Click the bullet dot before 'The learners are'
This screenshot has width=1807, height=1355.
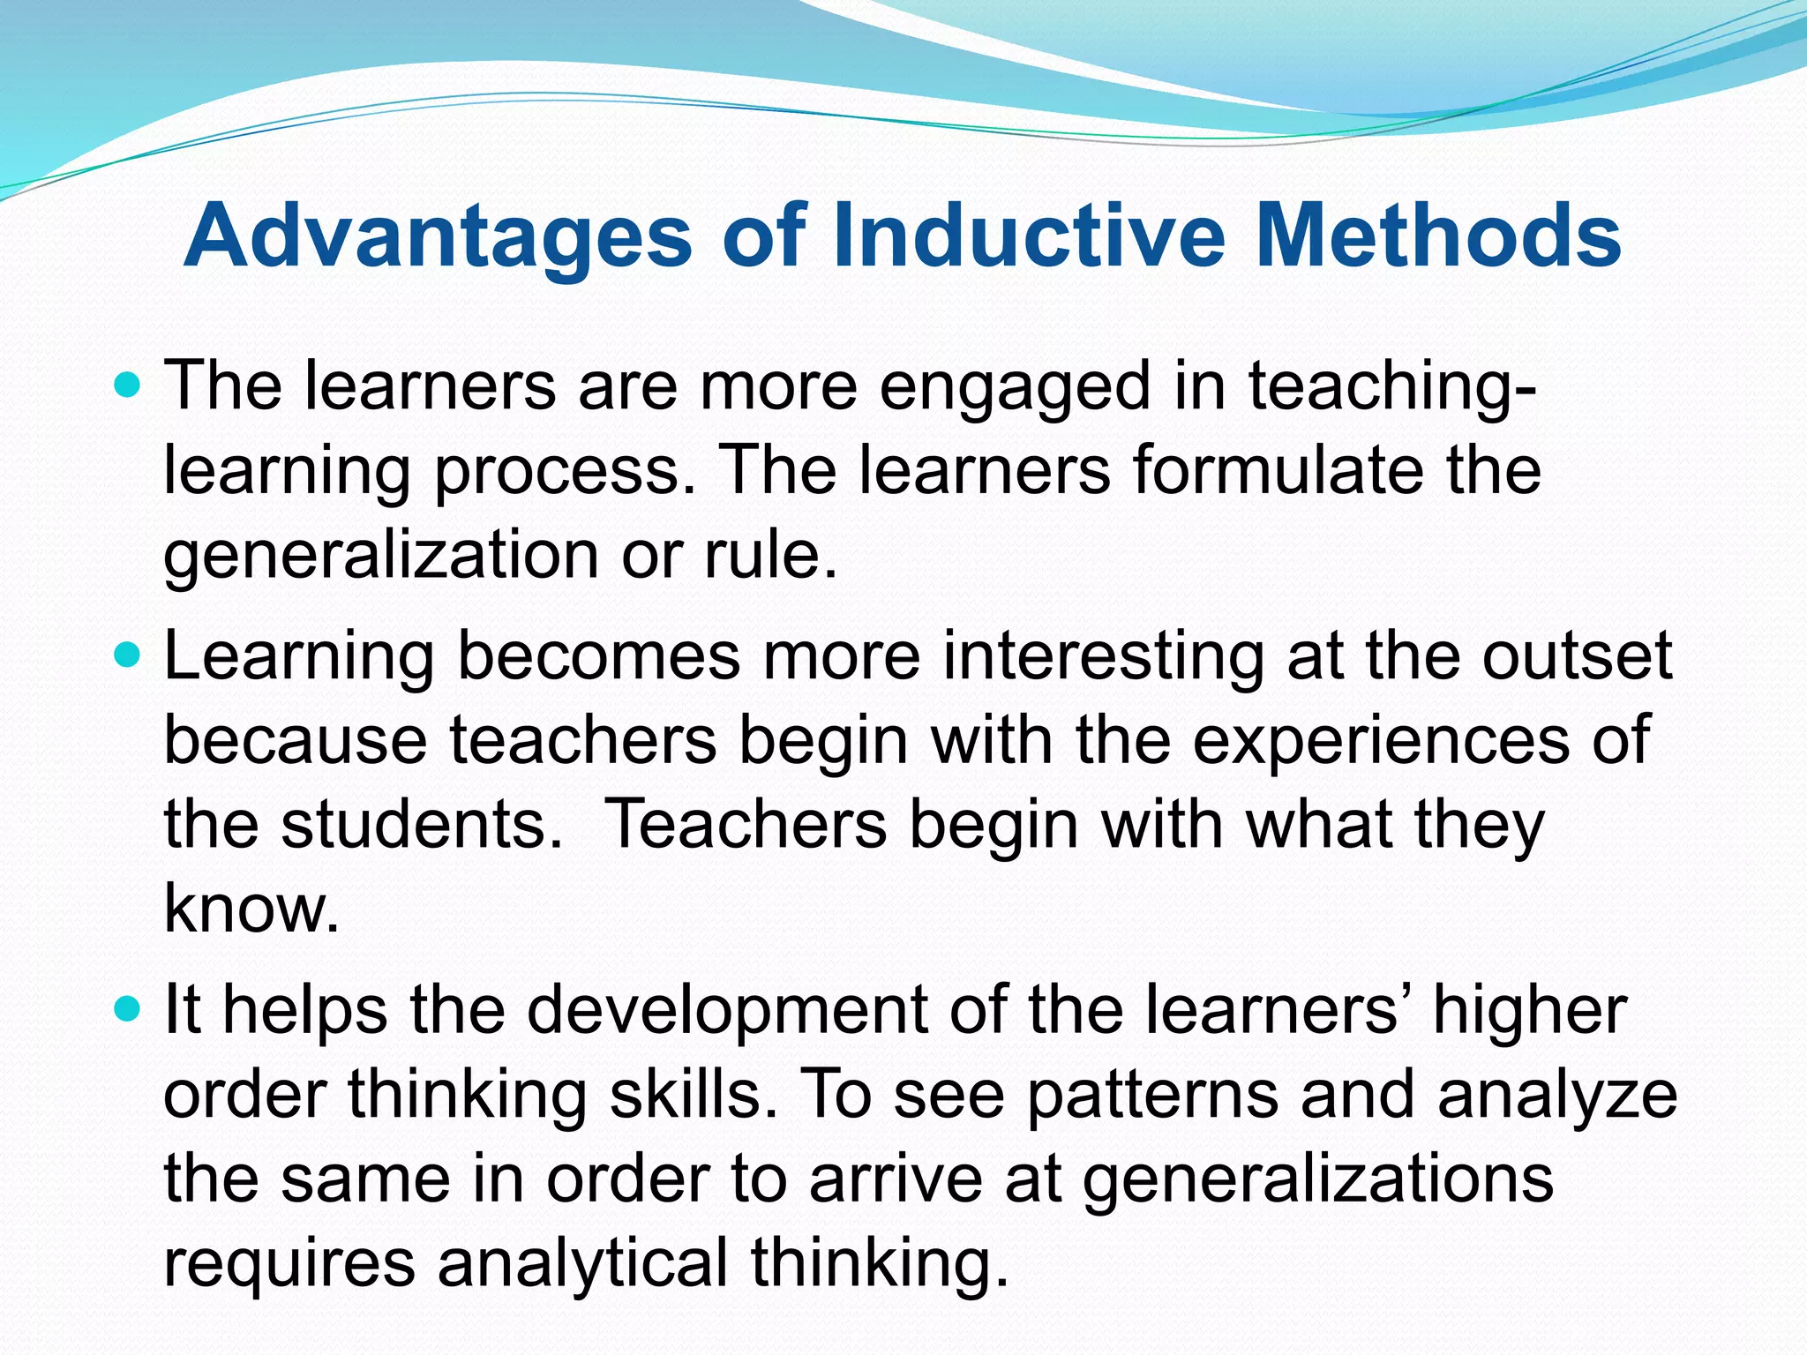click(129, 386)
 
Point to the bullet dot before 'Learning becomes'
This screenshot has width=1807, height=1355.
click(129, 655)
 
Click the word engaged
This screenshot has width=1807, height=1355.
click(1015, 388)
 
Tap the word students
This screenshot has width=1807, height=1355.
click(421, 824)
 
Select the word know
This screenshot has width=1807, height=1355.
click(251, 908)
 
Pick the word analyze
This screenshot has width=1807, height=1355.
click(1557, 1095)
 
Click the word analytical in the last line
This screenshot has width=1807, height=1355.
click(582, 1262)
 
